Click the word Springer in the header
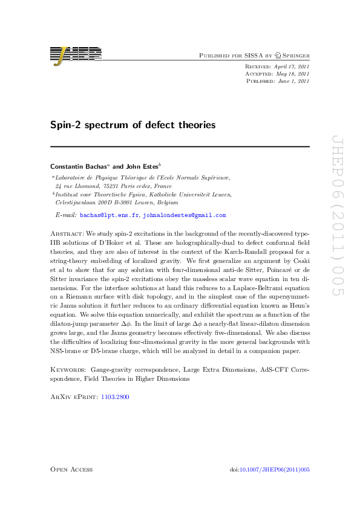(295, 55)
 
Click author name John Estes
(141, 166)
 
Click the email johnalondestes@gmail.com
(184, 215)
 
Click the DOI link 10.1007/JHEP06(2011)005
(275, 470)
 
